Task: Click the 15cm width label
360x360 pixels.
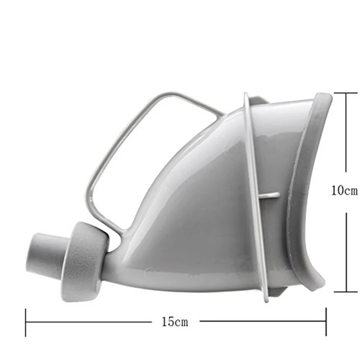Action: (175, 322)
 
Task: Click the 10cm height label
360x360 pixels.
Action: (344, 190)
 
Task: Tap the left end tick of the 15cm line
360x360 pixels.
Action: (26, 323)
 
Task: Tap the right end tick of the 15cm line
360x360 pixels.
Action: (326, 322)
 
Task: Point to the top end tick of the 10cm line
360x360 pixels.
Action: (346, 93)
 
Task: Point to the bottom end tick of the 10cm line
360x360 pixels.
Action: (346, 292)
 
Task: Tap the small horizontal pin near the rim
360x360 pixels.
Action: (268, 195)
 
